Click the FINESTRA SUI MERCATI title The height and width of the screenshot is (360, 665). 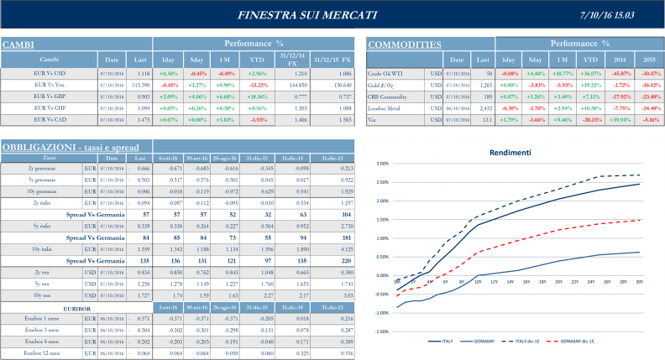307,15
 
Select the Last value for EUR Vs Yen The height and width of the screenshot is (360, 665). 139,85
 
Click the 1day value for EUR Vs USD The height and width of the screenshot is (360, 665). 169,73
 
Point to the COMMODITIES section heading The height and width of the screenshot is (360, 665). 405,44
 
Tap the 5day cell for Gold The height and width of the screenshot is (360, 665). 536,85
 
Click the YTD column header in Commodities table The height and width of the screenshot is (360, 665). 591,60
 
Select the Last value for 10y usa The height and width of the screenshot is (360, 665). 139,295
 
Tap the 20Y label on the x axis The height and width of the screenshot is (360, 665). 558,283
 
